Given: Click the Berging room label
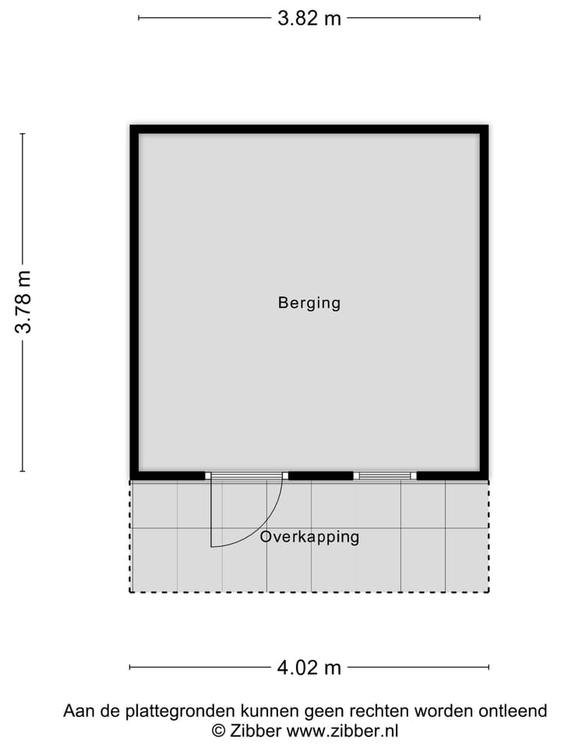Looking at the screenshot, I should [309, 303].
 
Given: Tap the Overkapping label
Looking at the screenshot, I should [309, 537].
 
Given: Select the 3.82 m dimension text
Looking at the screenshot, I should [309, 18].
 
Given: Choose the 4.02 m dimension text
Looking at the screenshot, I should [309, 667].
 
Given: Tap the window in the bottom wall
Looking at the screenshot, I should [385, 475].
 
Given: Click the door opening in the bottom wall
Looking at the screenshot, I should [247, 475].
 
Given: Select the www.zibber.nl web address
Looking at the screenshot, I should [342, 730].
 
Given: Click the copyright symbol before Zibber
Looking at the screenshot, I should [219, 730].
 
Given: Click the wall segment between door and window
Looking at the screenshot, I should [320, 475].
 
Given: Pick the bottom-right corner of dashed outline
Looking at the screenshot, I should [489, 592].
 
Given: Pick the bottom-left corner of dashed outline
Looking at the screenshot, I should [130, 592].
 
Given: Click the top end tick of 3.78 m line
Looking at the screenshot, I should [23, 134].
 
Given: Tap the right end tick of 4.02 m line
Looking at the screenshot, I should [489, 667].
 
